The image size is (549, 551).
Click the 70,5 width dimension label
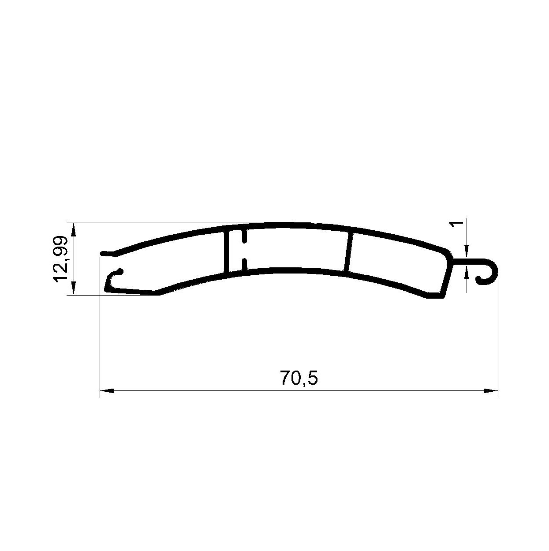click(299, 379)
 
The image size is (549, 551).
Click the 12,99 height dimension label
click(61, 259)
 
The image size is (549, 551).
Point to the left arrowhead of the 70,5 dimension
click(107, 391)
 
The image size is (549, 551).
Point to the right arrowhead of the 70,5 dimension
click(491, 391)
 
